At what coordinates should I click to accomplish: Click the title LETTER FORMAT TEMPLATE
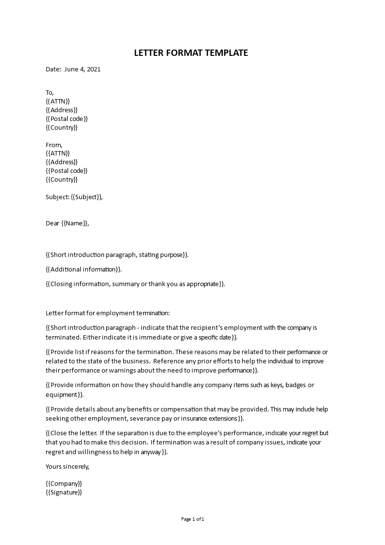[x=191, y=53]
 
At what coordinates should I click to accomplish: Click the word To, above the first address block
[x=50, y=93]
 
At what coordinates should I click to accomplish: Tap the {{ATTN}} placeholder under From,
[x=58, y=153]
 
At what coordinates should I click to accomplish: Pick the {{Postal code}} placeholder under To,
[x=67, y=119]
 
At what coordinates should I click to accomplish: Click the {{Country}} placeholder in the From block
[x=62, y=180]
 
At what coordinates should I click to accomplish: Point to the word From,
[x=54, y=145]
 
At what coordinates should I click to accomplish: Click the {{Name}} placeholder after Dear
[x=75, y=223]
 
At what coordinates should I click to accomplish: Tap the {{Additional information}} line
[x=84, y=270]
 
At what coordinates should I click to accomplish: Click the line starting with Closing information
[x=135, y=284]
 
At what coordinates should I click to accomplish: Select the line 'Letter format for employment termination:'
[x=108, y=314]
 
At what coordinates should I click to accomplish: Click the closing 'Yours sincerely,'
[x=67, y=467]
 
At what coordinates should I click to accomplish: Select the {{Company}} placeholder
[x=64, y=484]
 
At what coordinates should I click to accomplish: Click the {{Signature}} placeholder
[x=64, y=493]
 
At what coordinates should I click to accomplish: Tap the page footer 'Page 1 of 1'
[x=193, y=519]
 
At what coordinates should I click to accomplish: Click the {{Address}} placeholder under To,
[x=62, y=110]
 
